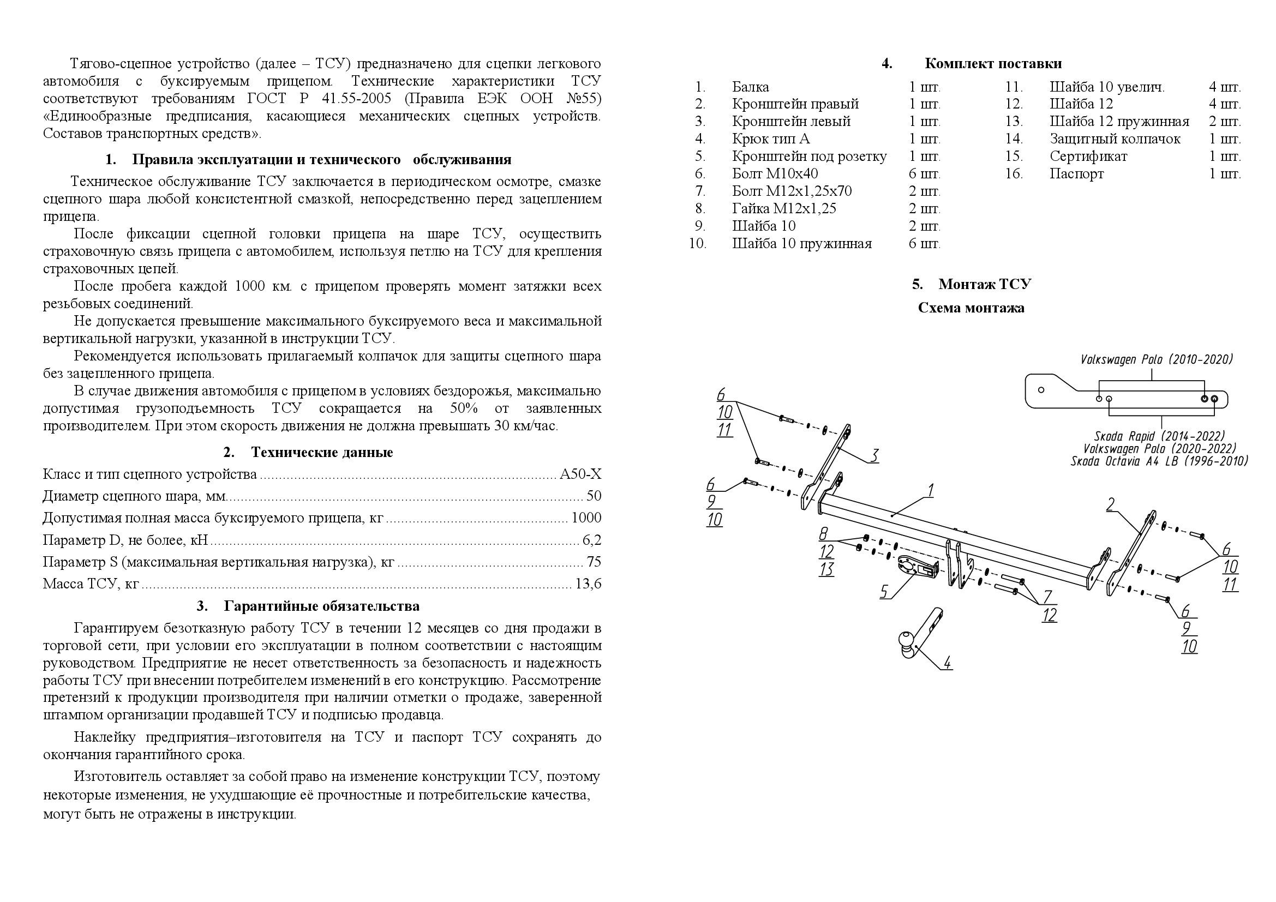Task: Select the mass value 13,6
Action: (x=589, y=584)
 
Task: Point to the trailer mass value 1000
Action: (x=586, y=518)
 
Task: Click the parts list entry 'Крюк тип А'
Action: (x=770, y=139)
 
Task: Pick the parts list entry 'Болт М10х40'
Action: (x=775, y=173)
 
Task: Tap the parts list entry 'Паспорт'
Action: (x=1076, y=173)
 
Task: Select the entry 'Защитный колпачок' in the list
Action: (x=1115, y=139)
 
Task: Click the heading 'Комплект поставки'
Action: (x=993, y=63)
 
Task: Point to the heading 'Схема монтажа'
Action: (x=971, y=308)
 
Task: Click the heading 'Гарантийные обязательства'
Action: (x=321, y=605)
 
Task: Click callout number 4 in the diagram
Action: (x=947, y=663)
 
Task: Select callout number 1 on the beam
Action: (x=930, y=490)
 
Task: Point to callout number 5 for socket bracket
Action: (x=884, y=592)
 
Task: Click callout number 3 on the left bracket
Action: (x=874, y=455)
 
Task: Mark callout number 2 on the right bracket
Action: (x=1110, y=505)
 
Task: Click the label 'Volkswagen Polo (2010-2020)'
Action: (x=1157, y=360)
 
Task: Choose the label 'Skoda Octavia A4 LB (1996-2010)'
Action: (x=1159, y=461)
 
